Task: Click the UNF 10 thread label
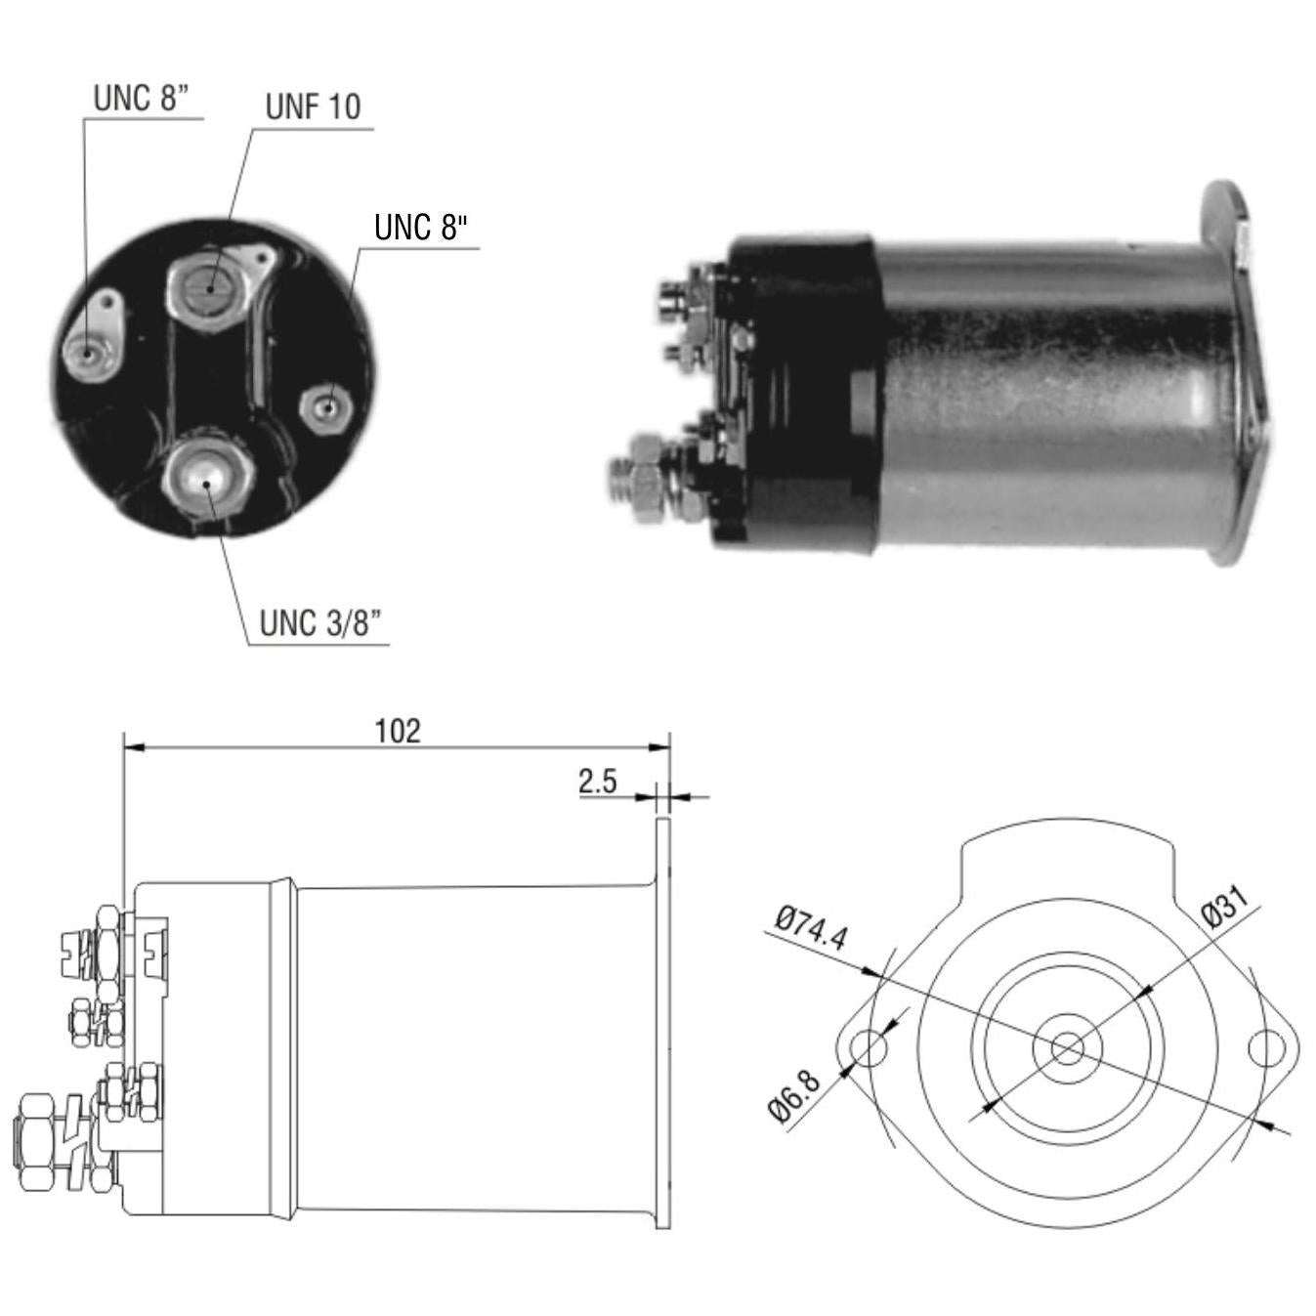click(313, 107)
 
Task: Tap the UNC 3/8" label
click(319, 623)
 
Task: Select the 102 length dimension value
click(398, 732)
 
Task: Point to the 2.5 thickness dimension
click(598, 782)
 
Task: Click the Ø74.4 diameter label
click(811, 928)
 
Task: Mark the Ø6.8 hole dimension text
click(794, 1097)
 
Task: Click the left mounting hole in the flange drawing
click(870, 1049)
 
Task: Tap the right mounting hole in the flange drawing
click(1267, 1048)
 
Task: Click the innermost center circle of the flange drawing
click(1068, 1049)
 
